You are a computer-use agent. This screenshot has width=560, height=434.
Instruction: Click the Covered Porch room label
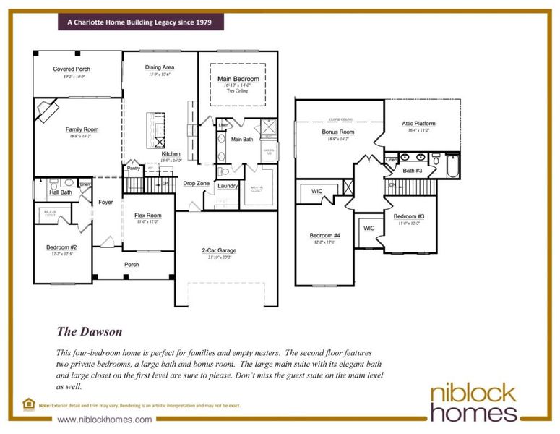click(71, 69)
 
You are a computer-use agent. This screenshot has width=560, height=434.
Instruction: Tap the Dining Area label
click(160, 67)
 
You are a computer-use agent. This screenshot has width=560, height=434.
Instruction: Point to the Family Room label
click(82, 129)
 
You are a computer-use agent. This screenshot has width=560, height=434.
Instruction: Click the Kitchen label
click(171, 154)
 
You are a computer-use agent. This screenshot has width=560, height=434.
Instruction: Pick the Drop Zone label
click(196, 184)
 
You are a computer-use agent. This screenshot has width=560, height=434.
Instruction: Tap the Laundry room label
click(228, 186)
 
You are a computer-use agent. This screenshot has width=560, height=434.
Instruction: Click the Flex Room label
click(148, 216)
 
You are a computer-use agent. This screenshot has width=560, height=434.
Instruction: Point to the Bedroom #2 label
click(61, 247)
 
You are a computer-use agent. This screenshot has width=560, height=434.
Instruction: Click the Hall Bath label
click(60, 192)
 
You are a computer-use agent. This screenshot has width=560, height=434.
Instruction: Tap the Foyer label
click(106, 203)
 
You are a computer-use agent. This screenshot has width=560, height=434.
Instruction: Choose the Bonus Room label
click(337, 132)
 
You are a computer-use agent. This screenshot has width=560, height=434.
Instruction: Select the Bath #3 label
click(413, 171)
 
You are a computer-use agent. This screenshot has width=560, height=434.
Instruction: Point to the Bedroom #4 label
click(325, 236)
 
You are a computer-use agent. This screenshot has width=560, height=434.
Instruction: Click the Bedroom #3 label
click(409, 217)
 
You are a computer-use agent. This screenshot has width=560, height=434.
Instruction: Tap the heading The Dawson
click(90, 331)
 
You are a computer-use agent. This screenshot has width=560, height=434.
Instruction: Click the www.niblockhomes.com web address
click(105, 420)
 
